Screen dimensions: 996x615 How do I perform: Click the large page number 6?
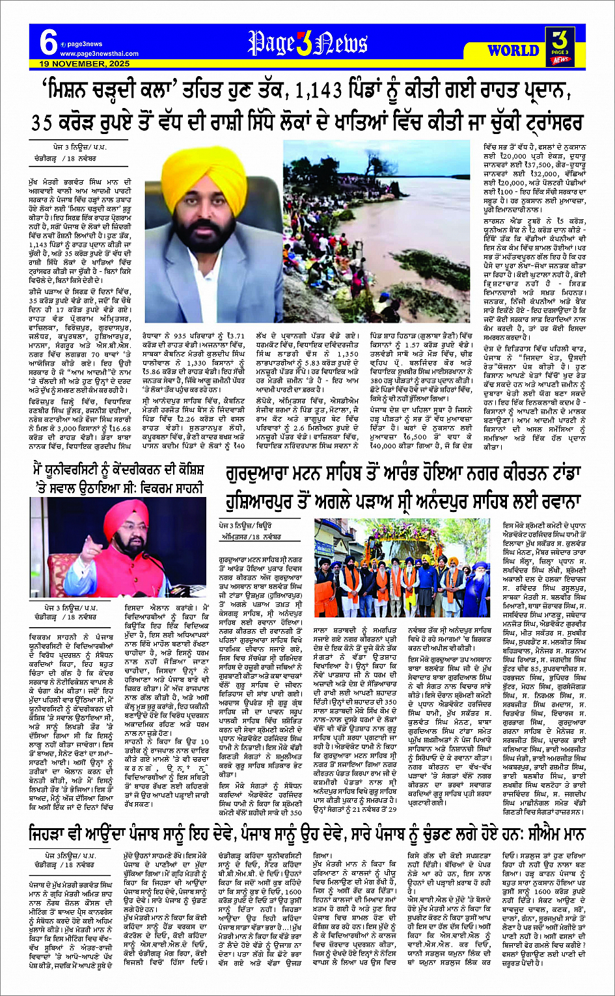(x=47, y=44)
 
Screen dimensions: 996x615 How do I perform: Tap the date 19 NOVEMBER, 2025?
(x=75, y=64)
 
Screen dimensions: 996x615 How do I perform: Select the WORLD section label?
(x=512, y=50)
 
